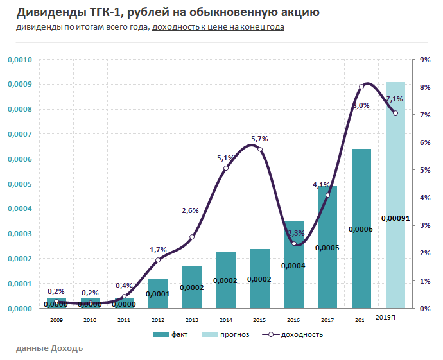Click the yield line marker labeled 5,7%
click(260, 149)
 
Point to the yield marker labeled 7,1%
click(395, 113)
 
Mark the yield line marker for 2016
click(294, 244)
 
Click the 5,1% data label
click(225, 158)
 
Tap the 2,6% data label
click(191, 210)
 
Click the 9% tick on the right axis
click(424, 60)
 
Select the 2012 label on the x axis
click(158, 319)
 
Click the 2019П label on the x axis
click(385, 318)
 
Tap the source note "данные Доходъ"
click(49, 348)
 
